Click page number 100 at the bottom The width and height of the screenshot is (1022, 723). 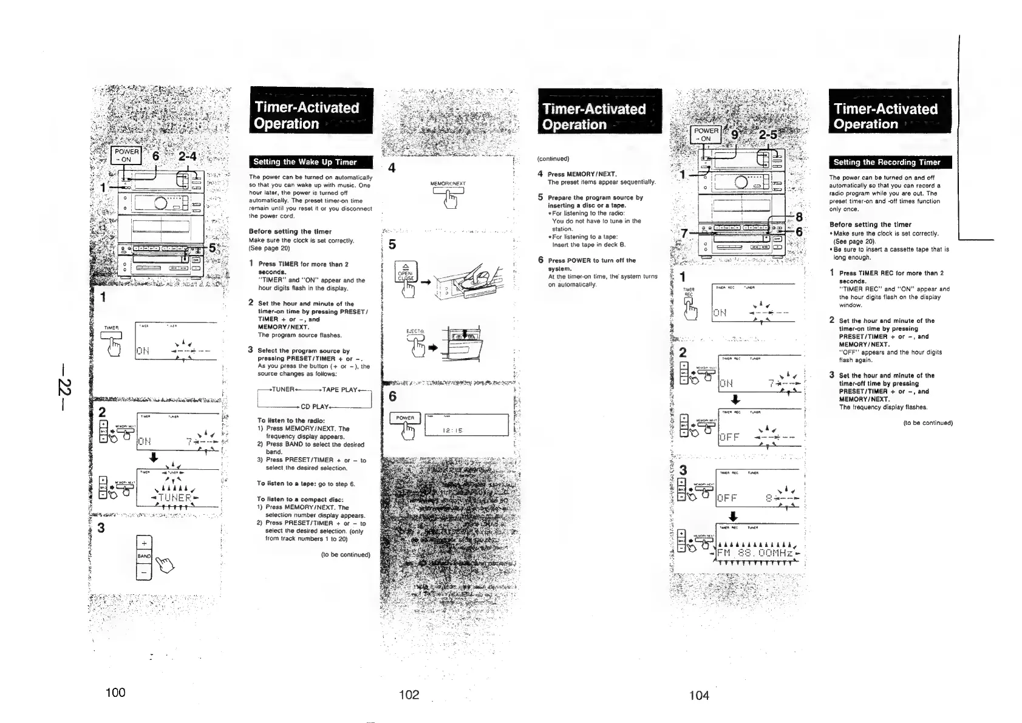[115, 692]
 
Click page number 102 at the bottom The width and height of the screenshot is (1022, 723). [409, 694]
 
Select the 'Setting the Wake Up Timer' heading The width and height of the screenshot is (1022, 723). [305, 162]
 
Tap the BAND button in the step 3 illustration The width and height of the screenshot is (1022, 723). [144, 556]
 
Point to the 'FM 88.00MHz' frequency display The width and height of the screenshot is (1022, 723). [755, 554]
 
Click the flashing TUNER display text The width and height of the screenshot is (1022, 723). [174, 498]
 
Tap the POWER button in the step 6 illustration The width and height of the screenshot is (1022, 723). [405, 418]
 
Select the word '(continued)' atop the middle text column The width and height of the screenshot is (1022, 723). [553, 159]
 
